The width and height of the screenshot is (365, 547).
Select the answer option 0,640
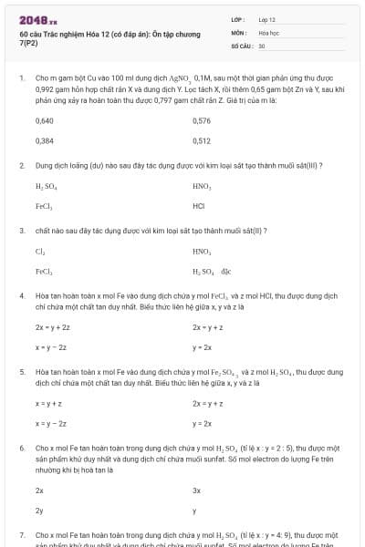44,120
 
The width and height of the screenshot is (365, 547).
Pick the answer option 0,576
202,120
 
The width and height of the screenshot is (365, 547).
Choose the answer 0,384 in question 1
44,141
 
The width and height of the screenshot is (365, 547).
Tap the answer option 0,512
202,141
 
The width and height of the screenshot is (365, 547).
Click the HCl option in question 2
199,206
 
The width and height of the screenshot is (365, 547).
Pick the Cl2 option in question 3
40,250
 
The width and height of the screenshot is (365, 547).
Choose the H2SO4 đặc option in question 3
212,271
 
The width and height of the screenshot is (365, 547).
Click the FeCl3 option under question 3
44,271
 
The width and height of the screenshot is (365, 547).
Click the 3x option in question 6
196,490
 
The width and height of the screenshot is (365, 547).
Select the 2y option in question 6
39,511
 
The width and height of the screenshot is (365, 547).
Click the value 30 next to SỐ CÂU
262,45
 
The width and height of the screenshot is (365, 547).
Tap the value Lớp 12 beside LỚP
267,18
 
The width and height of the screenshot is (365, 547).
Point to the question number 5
22,372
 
